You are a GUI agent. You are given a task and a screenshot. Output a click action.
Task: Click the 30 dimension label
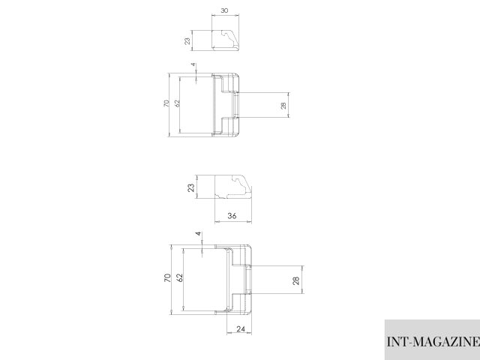point(224,10)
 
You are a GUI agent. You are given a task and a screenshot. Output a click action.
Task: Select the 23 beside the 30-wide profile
point(187,40)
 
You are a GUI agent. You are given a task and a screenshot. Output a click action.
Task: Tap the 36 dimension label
point(232,216)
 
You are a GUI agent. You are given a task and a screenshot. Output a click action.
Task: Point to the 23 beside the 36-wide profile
point(191,187)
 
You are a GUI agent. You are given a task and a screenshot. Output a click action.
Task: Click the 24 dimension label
point(241,329)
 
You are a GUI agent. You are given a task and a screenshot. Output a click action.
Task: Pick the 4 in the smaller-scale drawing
point(193,65)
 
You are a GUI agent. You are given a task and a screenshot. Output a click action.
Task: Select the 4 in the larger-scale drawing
point(198,234)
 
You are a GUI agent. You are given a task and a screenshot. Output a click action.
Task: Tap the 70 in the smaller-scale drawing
point(166,103)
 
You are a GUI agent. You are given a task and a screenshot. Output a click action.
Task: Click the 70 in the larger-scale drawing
point(167,278)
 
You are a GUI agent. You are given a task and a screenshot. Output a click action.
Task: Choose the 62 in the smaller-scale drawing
point(177,103)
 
